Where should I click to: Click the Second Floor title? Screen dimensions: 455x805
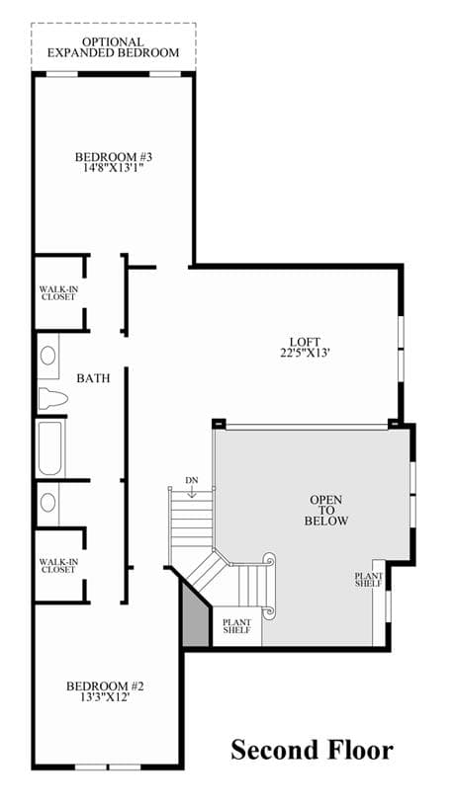313,750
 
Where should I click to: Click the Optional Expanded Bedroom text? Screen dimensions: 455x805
113,47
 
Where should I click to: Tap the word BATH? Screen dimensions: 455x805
94,379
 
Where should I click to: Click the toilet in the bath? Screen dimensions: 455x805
53,398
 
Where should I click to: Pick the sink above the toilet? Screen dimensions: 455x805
48,356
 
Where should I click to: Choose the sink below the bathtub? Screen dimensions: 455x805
47,503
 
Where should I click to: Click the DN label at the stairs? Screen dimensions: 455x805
191,480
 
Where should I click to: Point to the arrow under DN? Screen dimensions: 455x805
191,492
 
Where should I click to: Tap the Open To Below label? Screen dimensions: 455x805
326,511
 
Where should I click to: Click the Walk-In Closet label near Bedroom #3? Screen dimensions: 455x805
58,293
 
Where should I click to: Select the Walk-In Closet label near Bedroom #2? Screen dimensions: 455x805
58,566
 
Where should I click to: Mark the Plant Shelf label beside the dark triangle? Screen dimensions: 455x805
237,626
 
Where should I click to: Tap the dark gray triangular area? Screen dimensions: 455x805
194,616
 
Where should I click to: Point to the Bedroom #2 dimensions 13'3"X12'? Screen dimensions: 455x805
98,697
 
